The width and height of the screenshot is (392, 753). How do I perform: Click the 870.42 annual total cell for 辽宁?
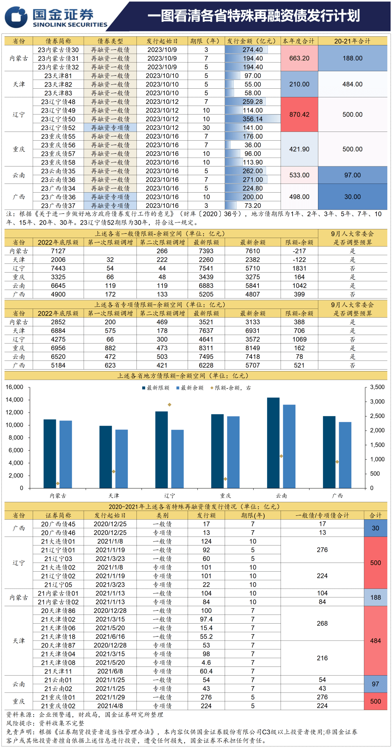pyautogui.click(x=299, y=114)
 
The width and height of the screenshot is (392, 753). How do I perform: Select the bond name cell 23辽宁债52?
pyautogui.click(x=58, y=128)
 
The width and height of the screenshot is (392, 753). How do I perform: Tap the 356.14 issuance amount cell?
pyautogui.click(x=253, y=119)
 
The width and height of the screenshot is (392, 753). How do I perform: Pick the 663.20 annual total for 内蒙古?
pyautogui.click(x=299, y=58)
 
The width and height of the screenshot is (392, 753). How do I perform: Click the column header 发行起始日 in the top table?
pyautogui.click(x=162, y=41)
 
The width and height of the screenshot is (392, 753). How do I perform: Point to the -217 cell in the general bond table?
pyautogui.click(x=299, y=251)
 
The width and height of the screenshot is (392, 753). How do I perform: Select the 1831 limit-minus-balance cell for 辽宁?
pyautogui.click(x=299, y=268)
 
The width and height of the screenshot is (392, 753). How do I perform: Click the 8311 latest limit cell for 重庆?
pyautogui.click(x=206, y=348)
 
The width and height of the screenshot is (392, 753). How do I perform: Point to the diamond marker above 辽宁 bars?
pyautogui.click(x=170, y=404)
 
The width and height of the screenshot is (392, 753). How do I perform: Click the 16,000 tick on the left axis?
pyautogui.click(x=15, y=387)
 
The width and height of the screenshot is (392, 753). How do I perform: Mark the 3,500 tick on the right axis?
pyautogui.click(x=377, y=387)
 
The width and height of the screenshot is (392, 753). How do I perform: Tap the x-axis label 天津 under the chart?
pyautogui.click(x=114, y=496)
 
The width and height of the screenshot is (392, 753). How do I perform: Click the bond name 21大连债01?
pyautogui.click(x=58, y=541)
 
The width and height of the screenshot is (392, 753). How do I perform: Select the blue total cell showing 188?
pyautogui.click(x=375, y=597)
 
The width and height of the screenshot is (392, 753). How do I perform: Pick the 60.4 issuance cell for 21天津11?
pyautogui.click(x=206, y=671)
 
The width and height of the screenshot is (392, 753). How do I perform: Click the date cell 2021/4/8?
pyautogui.click(x=110, y=706)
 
